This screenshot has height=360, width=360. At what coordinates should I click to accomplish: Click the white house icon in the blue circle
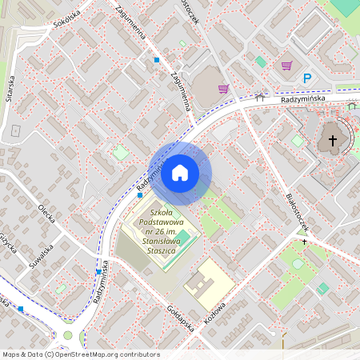(180, 172)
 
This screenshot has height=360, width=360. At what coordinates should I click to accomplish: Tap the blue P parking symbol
(307, 78)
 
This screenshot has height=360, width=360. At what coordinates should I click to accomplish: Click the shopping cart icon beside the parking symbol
(286, 66)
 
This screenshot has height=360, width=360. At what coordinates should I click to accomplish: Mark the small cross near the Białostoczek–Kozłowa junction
(304, 241)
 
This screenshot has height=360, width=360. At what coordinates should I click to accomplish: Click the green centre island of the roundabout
(68, 335)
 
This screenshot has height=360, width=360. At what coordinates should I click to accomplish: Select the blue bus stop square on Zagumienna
(157, 60)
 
